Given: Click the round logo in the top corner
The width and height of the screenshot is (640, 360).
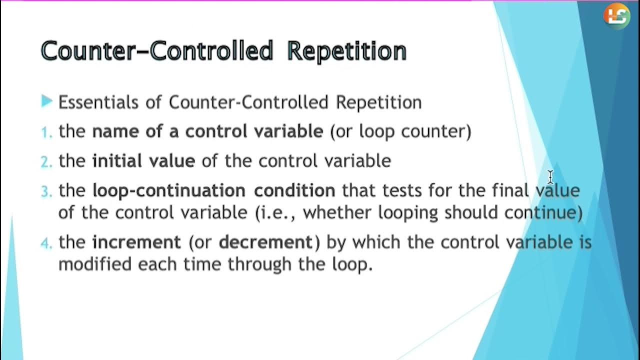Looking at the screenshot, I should coord(616,16).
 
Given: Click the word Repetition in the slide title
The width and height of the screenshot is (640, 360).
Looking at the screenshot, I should coord(347,51).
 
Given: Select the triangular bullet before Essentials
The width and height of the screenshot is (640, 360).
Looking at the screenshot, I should coord(47,101).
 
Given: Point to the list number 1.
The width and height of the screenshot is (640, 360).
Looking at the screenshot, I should coord(46,132).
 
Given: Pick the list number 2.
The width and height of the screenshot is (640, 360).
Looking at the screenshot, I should coord(46,161).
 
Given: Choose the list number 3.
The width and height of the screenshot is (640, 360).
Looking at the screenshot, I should coord(46,191).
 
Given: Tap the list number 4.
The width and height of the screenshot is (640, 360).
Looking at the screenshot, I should coord(46,243).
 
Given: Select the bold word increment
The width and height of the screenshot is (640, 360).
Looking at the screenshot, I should coord(136,242).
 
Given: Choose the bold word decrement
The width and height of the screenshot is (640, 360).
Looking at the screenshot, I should coord(265,242).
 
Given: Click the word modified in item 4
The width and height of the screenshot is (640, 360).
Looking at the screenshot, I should coord(95,263).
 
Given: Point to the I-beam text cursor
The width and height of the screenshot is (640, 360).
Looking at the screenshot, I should coord(550,176).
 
